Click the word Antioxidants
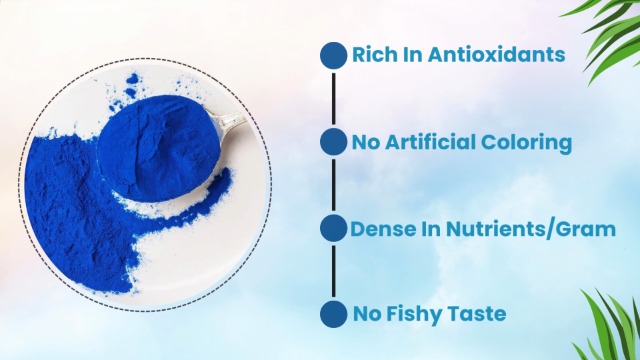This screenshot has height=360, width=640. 496,55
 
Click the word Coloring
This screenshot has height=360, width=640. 530,142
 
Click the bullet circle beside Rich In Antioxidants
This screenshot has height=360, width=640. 333,55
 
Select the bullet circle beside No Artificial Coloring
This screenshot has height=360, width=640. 333,142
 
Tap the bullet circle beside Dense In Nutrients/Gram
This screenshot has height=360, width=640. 333,229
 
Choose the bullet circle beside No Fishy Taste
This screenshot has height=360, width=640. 333,315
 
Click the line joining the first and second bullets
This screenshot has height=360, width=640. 333,98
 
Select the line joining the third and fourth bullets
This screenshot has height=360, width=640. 333,272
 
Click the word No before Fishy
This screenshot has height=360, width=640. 365,314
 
